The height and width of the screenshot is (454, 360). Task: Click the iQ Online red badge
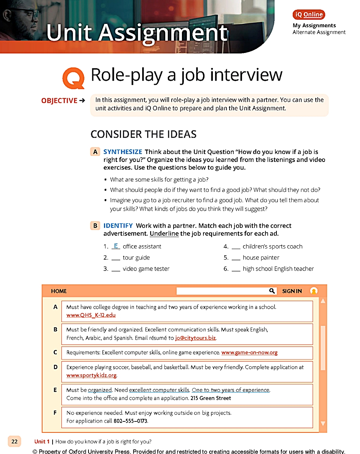(x=309, y=15)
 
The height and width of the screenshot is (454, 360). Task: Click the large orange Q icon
(x=73, y=78)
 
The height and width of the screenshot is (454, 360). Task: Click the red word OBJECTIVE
(x=59, y=101)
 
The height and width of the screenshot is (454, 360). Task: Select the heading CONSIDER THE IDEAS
(x=143, y=134)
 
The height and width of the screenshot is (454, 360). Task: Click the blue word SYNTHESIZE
(x=123, y=152)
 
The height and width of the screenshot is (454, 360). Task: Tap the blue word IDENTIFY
(x=118, y=226)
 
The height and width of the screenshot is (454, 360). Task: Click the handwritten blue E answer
(x=116, y=246)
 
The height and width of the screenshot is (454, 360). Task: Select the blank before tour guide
(x=116, y=258)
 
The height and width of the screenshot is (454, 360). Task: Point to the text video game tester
(x=146, y=269)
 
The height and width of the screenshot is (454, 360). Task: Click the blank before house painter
(x=236, y=258)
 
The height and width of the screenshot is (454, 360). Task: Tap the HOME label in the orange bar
(x=59, y=291)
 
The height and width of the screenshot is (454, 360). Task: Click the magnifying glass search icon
(x=272, y=291)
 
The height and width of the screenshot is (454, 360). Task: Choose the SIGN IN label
(x=292, y=291)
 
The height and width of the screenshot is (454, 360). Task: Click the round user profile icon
(x=314, y=291)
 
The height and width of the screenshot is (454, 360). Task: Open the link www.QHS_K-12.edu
(x=91, y=315)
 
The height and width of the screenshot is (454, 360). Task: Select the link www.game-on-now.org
(x=249, y=353)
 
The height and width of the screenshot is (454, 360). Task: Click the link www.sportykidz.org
(x=91, y=376)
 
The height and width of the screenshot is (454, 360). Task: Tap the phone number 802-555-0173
(x=130, y=421)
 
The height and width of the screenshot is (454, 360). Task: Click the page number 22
(x=14, y=441)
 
